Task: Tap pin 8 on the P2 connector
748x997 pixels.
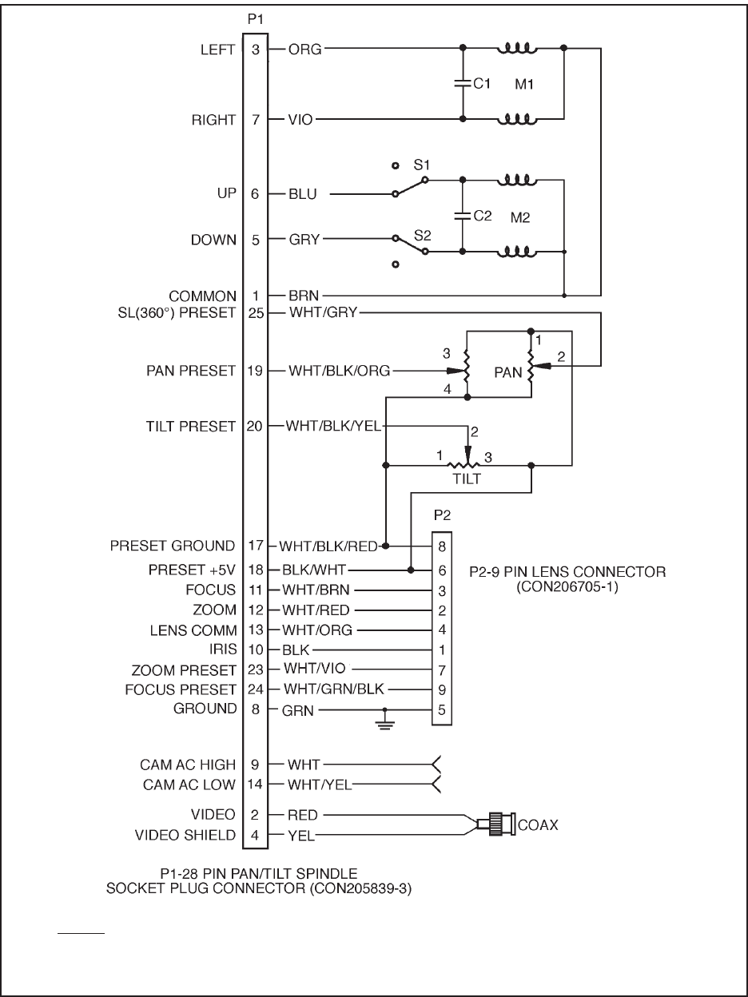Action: click(x=441, y=547)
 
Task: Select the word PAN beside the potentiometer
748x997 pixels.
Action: click(x=508, y=371)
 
